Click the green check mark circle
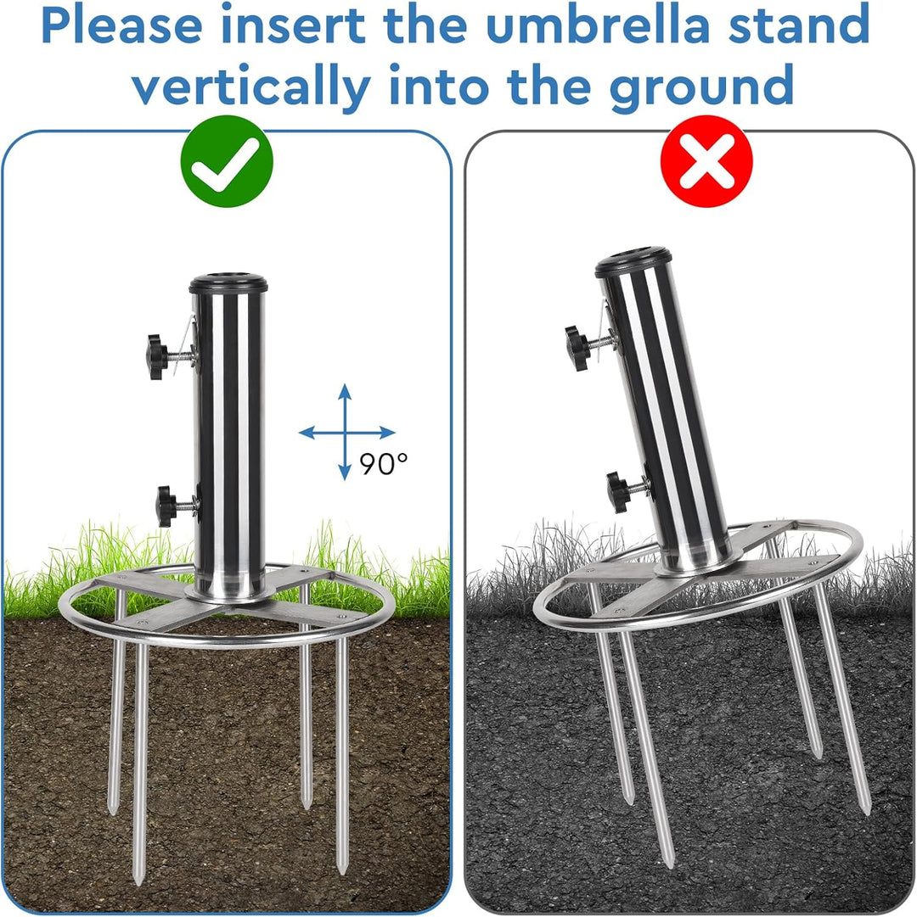pyautogui.click(x=227, y=161)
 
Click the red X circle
pyautogui.click(x=706, y=161)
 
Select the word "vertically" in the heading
pyautogui.click(x=251, y=86)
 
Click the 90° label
pyautogui.click(x=384, y=464)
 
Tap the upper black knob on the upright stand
pyautogui.click(x=159, y=357)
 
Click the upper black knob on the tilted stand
pyautogui.click(x=577, y=348)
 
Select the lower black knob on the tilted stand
pyautogui.click(x=618, y=492)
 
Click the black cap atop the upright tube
pyautogui.click(x=228, y=283)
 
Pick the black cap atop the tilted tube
pyautogui.click(x=633, y=262)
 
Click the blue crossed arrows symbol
pyautogui.click(x=346, y=432)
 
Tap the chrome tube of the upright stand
pyautogui.click(x=229, y=445)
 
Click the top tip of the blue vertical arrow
pyautogui.click(x=346, y=384)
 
